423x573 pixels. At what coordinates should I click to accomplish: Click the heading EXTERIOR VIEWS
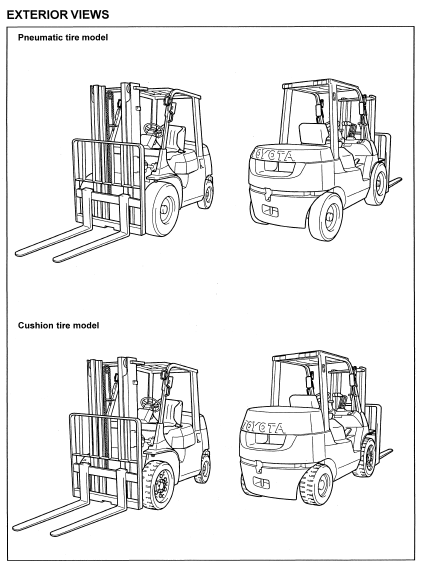(x=58, y=15)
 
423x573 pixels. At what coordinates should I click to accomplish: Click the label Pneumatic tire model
(x=63, y=37)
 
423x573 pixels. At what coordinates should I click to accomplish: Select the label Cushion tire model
(x=59, y=325)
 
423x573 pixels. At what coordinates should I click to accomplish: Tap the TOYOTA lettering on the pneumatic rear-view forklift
(x=275, y=155)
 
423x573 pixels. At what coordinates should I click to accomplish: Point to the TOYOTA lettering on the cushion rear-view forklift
(x=264, y=427)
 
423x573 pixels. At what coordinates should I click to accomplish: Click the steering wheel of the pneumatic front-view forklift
(x=153, y=128)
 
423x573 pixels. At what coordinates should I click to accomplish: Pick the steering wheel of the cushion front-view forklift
(x=150, y=403)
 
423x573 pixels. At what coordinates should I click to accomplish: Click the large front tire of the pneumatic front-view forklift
(x=164, y=209)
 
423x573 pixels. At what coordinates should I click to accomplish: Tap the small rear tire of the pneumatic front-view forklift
(x=207, y=192)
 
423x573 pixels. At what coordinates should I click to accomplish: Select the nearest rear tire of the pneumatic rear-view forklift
(x=326, y=217)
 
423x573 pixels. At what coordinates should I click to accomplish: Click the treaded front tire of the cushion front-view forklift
(x=158, y=484)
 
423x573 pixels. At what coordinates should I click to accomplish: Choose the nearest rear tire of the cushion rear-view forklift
(x=316, y=485)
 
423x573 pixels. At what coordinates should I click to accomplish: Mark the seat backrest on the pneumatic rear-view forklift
(x=313, y=134)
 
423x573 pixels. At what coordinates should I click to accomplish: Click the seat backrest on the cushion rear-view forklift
(x=304, y=401)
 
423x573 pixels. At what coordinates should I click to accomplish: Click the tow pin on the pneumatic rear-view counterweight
(x=268, y=195)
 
